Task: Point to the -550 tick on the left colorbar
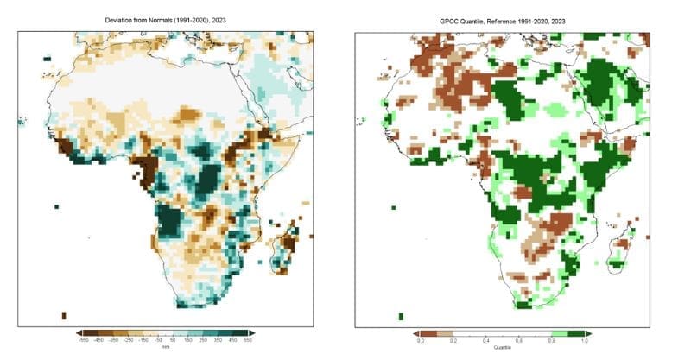click(84, 341)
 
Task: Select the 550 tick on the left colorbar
click(248, 341)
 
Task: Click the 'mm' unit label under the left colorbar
click(166, 347)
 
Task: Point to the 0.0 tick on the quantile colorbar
click(421, 341)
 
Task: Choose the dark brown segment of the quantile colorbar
click(427, 332)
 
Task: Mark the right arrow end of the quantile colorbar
click(595, 332)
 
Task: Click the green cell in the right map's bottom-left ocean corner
click(400, 315)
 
